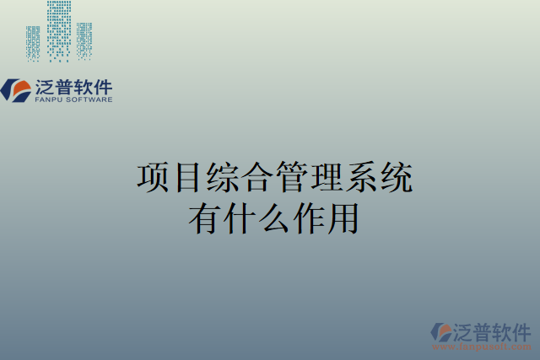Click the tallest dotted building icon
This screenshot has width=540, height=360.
pos(58,30)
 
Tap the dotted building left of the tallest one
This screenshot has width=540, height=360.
pos(33,43)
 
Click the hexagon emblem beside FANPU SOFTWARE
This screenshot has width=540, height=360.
pos(16,89)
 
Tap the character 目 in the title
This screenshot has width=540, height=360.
pos(187,179)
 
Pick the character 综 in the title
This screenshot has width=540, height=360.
pos(222,179)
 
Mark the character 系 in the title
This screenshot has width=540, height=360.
pos(360,179)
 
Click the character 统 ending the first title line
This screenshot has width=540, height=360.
pos(395,179)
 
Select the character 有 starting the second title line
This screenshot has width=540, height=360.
pos(205,218)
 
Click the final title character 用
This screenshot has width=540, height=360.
pos(343,218)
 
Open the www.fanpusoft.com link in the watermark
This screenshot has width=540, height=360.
pos(483,347)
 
